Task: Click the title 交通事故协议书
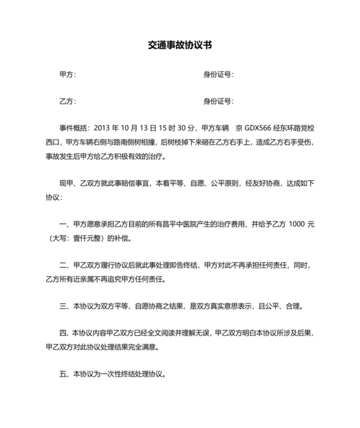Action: [x=180, y=46]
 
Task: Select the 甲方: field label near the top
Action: [x=67, y=75]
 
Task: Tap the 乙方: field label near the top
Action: [x=67, y=102]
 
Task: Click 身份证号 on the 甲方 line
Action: [x=218, y=75]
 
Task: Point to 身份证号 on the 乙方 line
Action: [x=218, y=102]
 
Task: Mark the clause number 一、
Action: [x=64, y=225]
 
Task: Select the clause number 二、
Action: [x=64, y=265]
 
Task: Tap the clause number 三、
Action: [x=64, y=306]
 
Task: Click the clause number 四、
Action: [x=64, y=333]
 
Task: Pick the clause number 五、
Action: [x=64, y=374]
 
